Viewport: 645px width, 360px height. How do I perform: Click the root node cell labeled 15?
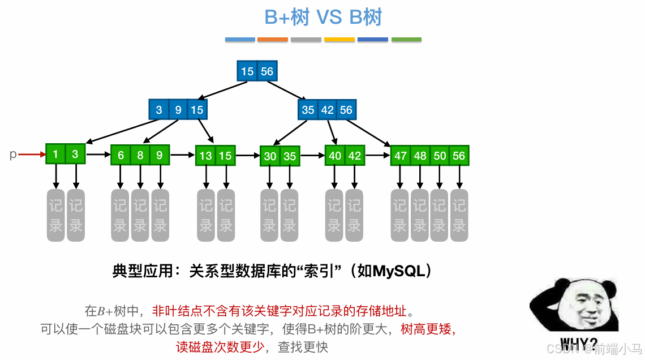247,71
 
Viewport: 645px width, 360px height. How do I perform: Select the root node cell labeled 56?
266,71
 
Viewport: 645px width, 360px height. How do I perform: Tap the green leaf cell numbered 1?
55,154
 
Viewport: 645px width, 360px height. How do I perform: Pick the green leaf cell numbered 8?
140,155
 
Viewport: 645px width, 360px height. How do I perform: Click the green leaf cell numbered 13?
206,156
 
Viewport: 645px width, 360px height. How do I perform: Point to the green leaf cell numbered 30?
270,156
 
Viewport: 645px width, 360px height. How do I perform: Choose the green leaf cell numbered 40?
336,155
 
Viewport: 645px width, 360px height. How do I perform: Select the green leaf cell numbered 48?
420,156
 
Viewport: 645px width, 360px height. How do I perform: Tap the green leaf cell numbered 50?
440,156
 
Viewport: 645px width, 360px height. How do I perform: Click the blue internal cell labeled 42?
328,110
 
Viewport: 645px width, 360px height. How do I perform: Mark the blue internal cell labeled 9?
178,110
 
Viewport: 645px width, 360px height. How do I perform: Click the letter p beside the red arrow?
13,154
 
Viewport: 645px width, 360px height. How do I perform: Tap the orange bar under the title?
273,40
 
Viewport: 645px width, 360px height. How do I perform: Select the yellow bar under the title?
339,40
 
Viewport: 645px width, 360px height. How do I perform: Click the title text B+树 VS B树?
323,18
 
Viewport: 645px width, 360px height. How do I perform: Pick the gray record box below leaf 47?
400,215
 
